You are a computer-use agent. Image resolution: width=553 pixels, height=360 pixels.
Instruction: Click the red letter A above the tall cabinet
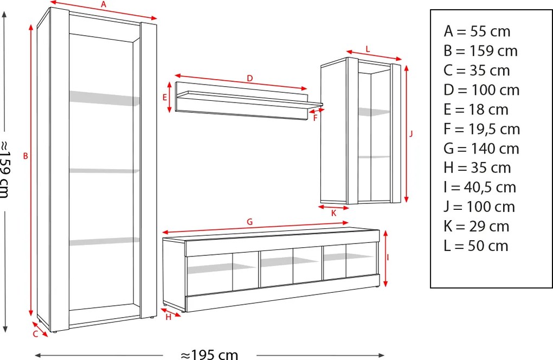click(x=104, y=4)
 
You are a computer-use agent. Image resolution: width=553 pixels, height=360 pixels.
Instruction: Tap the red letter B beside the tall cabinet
click(x=25, y=156)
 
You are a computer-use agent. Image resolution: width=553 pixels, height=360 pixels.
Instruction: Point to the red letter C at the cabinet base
click(x=35, y=333)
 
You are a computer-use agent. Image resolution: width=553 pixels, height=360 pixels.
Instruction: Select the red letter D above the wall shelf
click(x=250, y=78)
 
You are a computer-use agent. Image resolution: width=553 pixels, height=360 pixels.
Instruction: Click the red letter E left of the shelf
click(x=164, y=97)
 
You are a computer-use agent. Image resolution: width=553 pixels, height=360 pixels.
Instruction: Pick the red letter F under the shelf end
click(x=316, y=118)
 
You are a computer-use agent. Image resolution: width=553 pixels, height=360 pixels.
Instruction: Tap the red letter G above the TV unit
click(x=250, y=222)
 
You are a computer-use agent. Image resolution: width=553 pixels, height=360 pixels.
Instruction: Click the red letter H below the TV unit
click(x=168, y=317)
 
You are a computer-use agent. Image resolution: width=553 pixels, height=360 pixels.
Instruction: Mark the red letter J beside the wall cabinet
click(x=411, y=133)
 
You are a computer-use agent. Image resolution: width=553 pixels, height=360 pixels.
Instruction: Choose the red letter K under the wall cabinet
click(x=333, y=213)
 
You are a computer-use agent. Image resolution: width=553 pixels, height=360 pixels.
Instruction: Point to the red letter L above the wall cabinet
click(x=368, y=49)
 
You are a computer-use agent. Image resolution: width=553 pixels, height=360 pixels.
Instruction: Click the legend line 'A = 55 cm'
click(x=477, y=31)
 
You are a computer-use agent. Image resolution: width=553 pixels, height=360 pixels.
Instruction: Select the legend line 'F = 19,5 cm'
click(x=482, y=129)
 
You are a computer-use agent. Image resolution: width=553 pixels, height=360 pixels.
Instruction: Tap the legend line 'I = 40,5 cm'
click(x=480, y=187)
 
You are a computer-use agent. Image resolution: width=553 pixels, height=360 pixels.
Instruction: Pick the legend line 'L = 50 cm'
click(x=476, y=246)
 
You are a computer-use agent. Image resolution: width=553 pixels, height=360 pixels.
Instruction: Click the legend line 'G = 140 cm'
click(x=481, y=149)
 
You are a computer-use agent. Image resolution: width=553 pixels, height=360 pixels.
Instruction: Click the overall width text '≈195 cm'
click(x=209, y=355)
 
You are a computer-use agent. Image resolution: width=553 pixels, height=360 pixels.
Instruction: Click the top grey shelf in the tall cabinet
click(x=105, y=98)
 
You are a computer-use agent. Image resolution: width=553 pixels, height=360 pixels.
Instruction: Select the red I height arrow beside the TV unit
click(x=385, y=259)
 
